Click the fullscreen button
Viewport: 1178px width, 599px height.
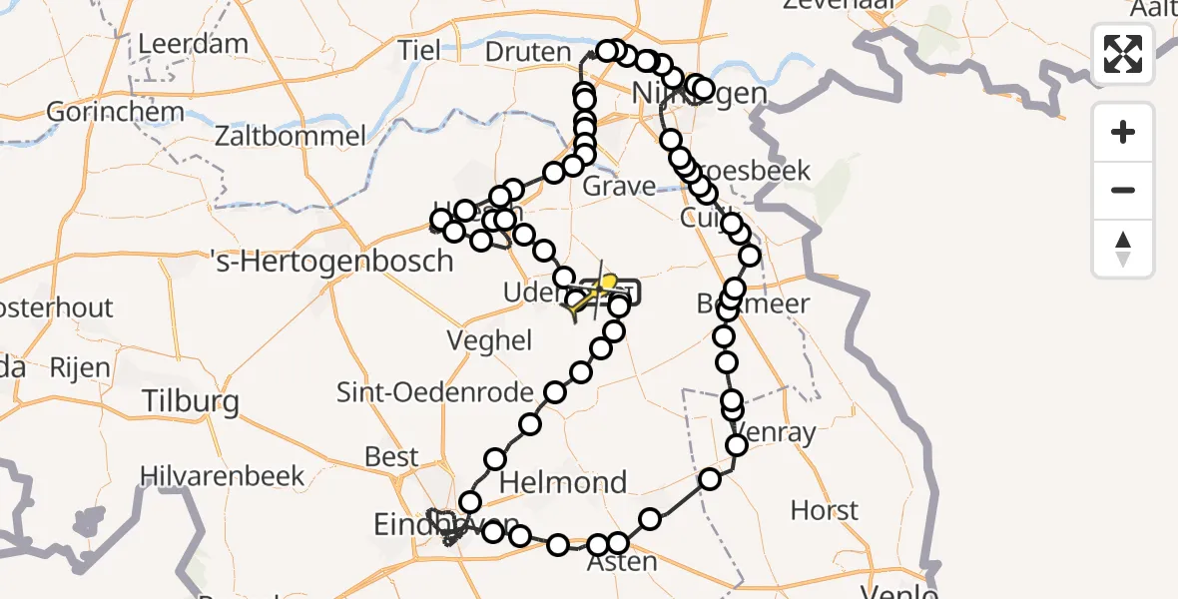tap(1123, 54)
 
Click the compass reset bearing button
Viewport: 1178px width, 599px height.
tap(1123, 249)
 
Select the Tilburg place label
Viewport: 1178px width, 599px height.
tap(191, 401)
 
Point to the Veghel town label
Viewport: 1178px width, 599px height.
tap(489, 340)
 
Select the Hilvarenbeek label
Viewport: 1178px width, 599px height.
tap(222, 475)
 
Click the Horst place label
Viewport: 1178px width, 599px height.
tap(825, 511)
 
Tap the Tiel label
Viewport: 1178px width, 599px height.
tap(418, 50)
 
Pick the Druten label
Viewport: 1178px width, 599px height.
tap(528, 51)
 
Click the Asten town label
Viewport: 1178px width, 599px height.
tap(623, 562)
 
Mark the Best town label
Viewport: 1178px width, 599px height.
tap(391, 456)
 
